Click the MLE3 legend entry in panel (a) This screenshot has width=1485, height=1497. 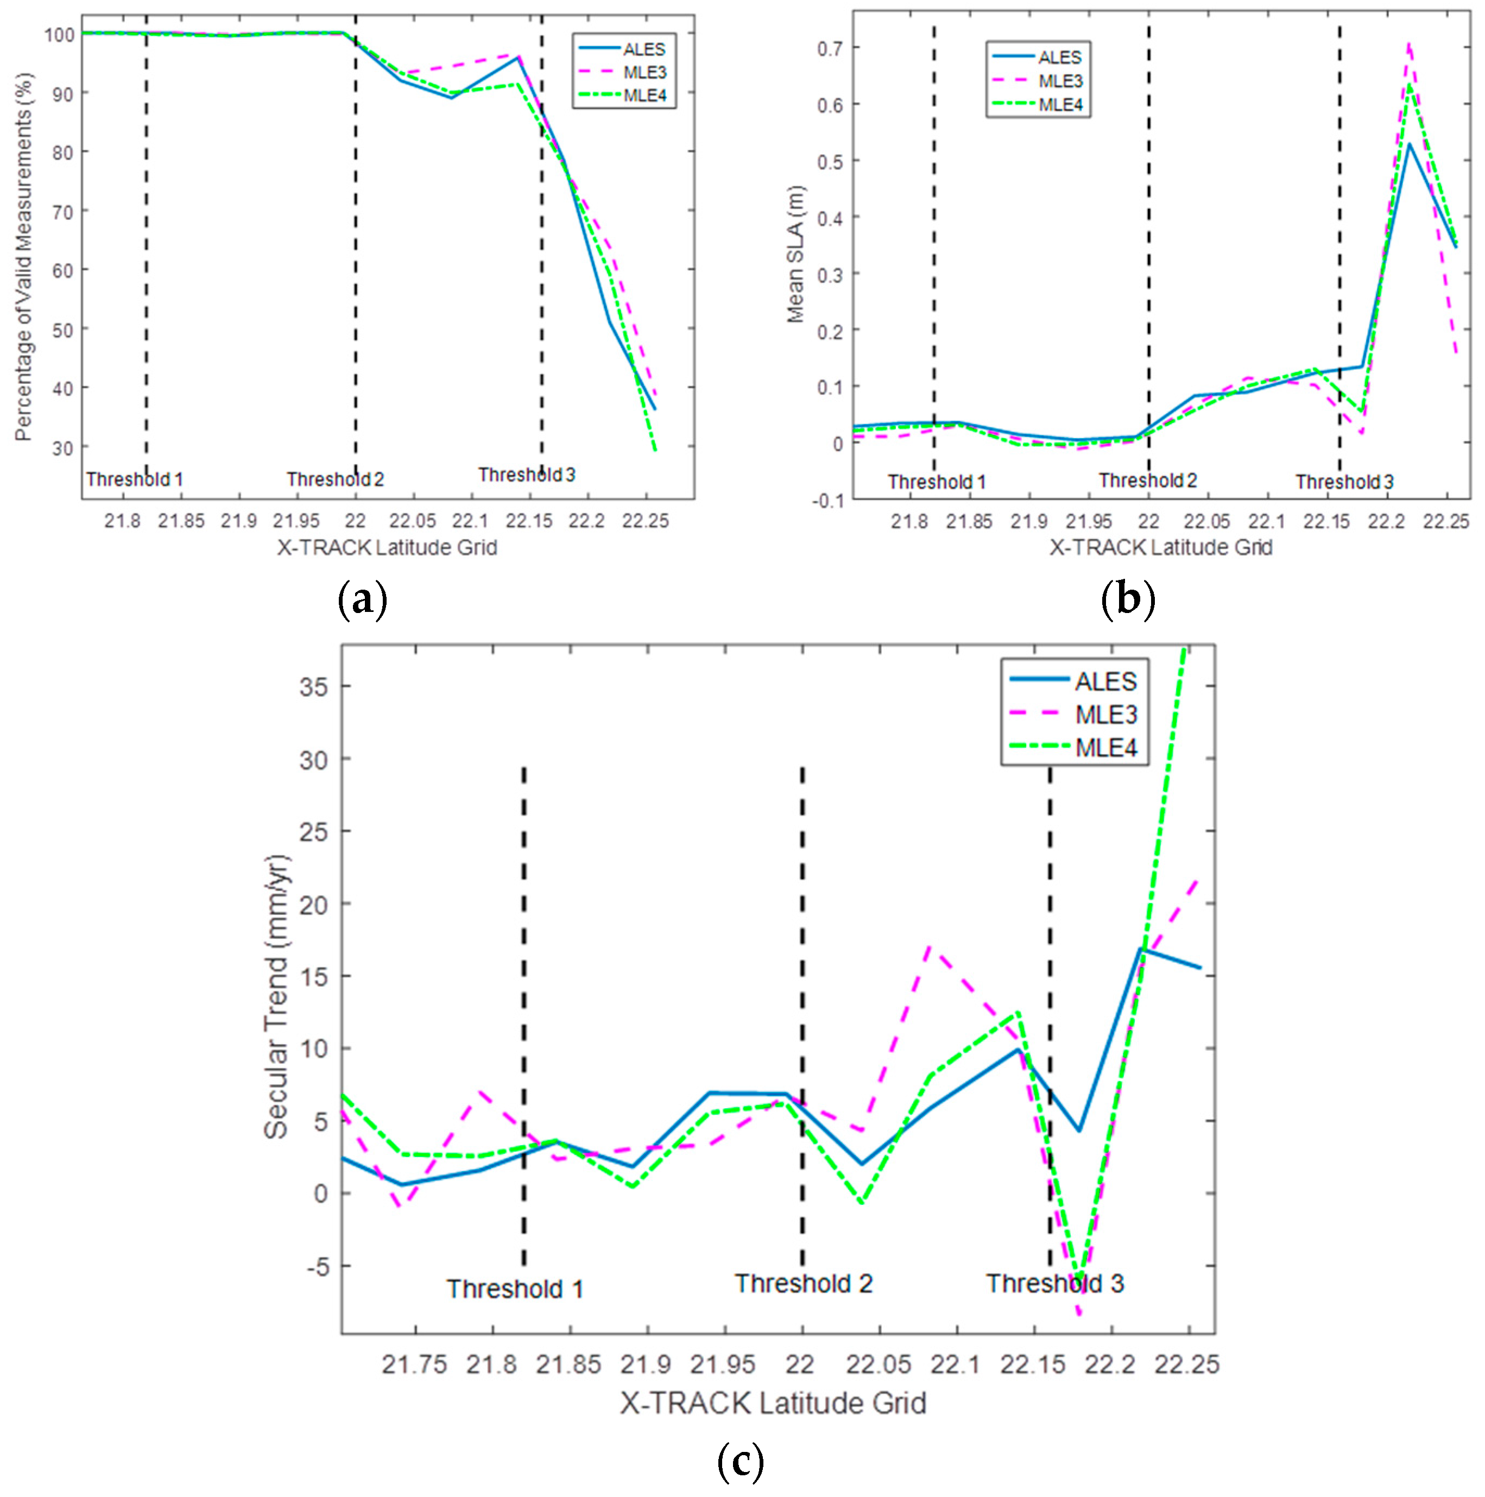pyautogui.click(x=644, y=72)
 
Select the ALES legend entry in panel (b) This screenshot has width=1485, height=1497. pyautogui.click(x=1059, y=58)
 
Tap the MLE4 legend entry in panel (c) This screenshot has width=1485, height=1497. pyautogui.click(x=1105, y=748)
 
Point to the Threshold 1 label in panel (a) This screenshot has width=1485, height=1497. pyautogui.click(x=134, y=479)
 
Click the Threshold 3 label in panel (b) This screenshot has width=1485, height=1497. pyautogui.click(x=1344, y=482)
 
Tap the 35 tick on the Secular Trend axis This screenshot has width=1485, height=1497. pyautogui.click(x=313, y=686)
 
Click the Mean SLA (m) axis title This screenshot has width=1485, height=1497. pyautogui.click(x=795, y=254)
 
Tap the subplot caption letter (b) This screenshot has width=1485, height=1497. pyautogui.click(x=1127, y=600)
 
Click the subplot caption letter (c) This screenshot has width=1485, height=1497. pyautogui.click(x=741, y=1461)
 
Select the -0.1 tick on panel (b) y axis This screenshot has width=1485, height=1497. pyautogui.click(x=827, y=500)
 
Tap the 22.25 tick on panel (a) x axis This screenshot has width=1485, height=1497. pyautogui.click(x=644, y=521)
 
